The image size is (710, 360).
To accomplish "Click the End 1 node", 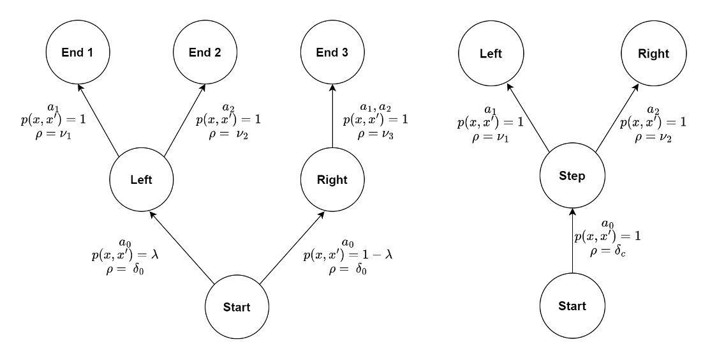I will tap(77, 53).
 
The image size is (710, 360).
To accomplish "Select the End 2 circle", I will tap(205, 53).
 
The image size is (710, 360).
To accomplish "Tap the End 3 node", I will tap(332, 53).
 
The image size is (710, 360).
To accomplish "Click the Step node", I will tap(572, 176).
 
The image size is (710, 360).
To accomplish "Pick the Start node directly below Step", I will tap(572, 306).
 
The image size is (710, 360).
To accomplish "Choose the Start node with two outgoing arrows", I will tap(237, 306).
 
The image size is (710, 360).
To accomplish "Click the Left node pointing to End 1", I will tap(141, 180).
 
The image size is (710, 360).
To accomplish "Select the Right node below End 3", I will tap(332, 180).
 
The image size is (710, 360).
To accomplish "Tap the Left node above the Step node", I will tap(491, 54).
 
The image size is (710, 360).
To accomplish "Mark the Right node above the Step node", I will tap(653, 54).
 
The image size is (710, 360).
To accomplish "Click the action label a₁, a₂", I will tap(375, 107).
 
